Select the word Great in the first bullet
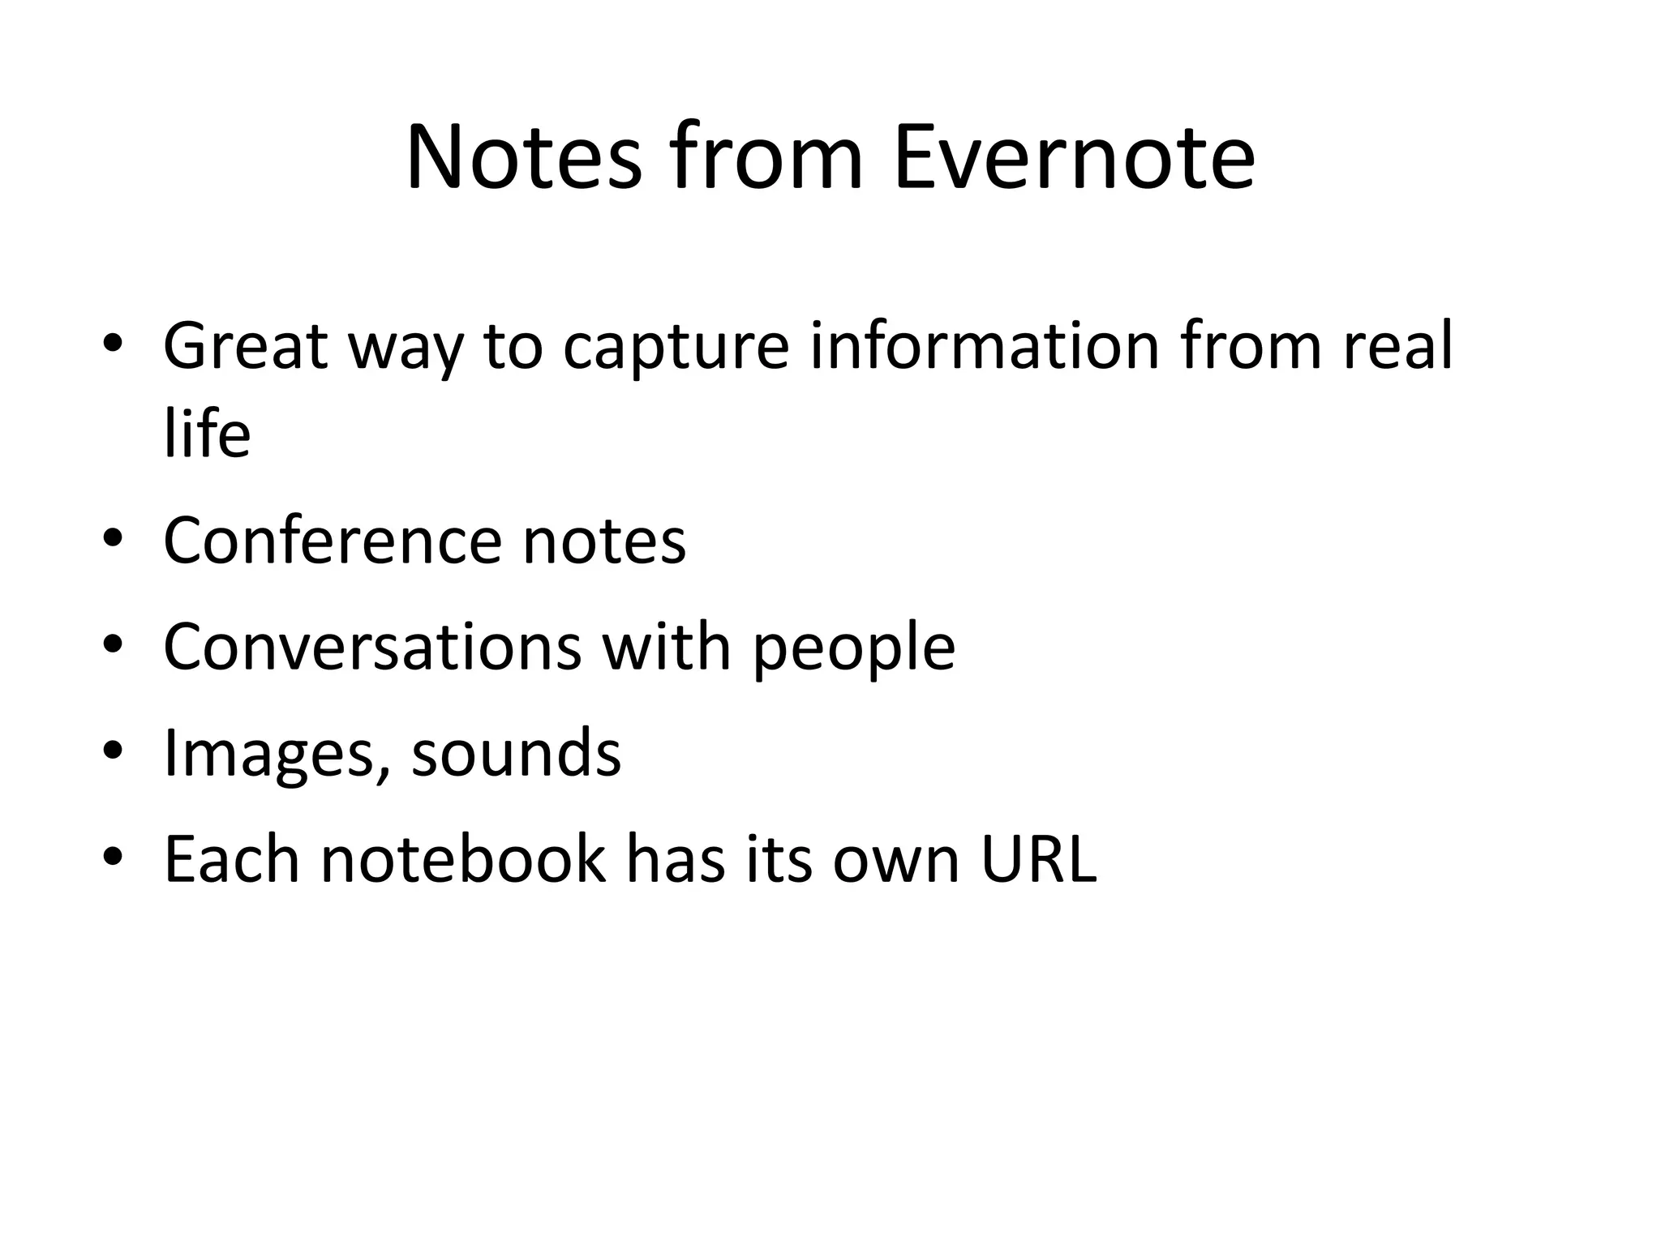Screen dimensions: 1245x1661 [245, 346]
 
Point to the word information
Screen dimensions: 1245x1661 [985, 346]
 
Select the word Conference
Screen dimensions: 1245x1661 [333, 541]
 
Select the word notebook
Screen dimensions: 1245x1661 [463, 859]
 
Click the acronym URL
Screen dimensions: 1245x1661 [1038, 859]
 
